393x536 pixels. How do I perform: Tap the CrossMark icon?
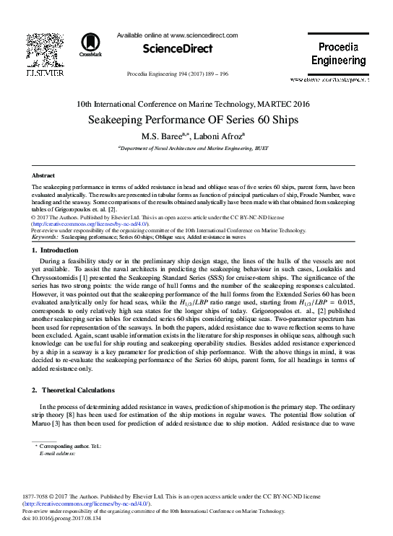(x=90, y=45)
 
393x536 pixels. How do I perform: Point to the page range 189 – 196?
(x=215, y=74)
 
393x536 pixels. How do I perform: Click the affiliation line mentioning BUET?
(x=196, y=146)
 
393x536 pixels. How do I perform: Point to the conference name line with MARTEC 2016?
(x=196, y=104)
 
